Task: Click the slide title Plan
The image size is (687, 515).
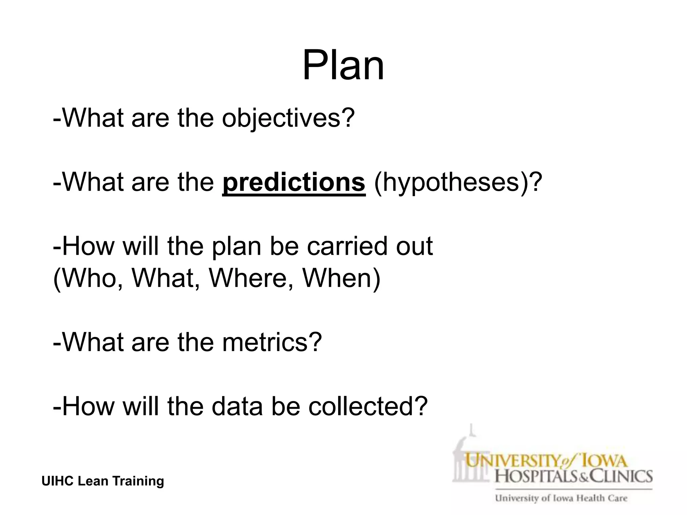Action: pos(343,66)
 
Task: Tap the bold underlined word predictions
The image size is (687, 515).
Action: pos(294,182)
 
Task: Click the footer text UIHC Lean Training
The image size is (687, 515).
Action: pos(103,481)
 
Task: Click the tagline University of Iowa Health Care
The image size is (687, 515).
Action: pos(561,498)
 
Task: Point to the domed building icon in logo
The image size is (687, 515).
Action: pos(470,456)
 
